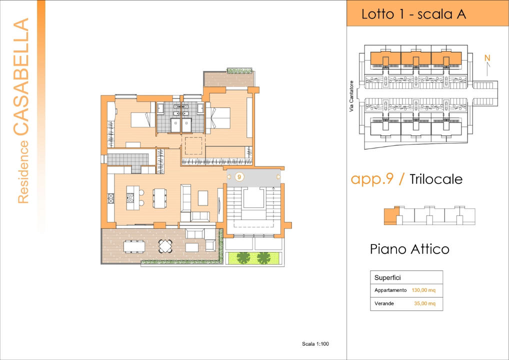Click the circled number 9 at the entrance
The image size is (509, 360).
[239, 176]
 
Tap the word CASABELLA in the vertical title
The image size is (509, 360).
[21, 77]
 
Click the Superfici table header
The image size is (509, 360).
[387, 277]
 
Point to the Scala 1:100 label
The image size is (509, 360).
[315, 343]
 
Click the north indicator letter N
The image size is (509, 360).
[487, 58]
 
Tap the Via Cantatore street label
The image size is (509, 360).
[351, 95]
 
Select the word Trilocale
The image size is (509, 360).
[436, 179]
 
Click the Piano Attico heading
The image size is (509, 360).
[409, 248]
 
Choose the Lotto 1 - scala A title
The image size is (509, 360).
[413, 14]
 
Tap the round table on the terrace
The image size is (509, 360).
[165, 246]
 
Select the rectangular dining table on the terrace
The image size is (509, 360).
[134, 245]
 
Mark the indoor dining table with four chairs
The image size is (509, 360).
[159, 197]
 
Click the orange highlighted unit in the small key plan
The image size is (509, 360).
[390, 216]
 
